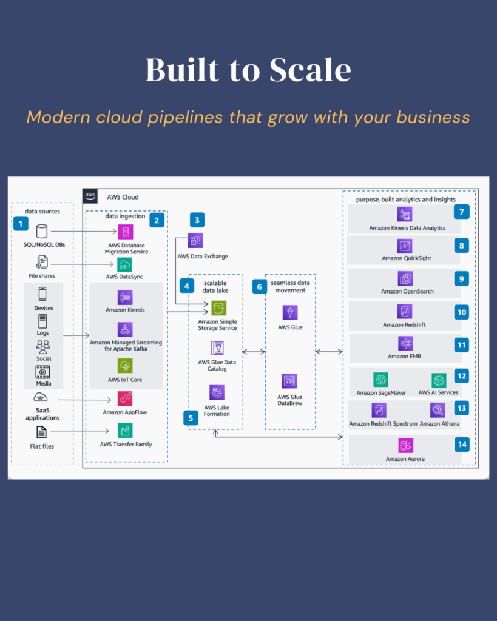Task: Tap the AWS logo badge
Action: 90,196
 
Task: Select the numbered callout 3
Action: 197,220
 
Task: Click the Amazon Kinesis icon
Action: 125,297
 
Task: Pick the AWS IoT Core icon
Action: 125,365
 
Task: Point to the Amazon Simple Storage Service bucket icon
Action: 218,307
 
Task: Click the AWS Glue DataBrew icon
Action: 289,381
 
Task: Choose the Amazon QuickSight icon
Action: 405,246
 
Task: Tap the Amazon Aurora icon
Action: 405,446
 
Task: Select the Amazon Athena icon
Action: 438,411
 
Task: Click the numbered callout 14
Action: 462,444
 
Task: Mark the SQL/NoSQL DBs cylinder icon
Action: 42,232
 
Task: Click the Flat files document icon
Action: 42,432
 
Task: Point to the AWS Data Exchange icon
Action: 195,241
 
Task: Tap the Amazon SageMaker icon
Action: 381,380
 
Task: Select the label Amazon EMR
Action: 405,357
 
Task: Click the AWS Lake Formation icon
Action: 217,392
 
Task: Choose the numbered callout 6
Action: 260,286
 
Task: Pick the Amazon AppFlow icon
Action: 125,398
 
